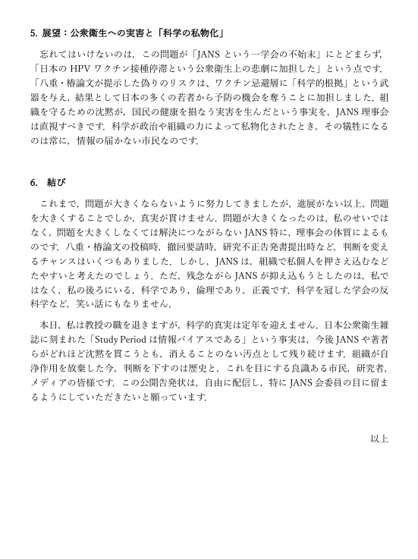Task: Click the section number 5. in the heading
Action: [x=33, y=33]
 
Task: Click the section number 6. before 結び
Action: [x=34, y=183]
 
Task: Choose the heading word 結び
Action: [x=57, y=183]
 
